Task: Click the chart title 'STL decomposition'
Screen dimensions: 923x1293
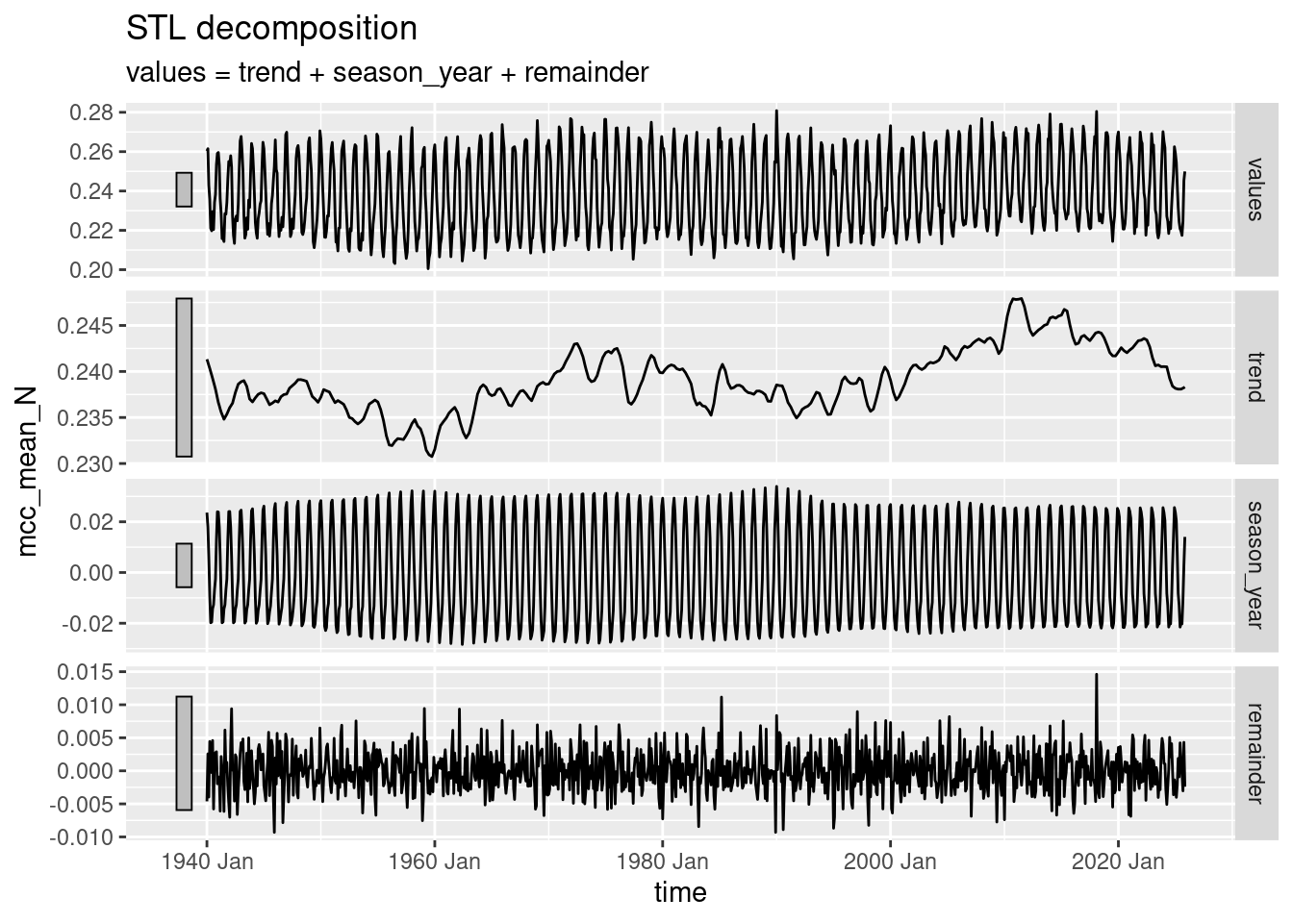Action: point(272,29)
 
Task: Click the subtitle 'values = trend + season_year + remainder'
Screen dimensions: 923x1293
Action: point(387,72)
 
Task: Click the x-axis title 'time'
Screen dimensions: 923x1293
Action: point(680,892)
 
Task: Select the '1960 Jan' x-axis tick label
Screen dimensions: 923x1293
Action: point(435,861)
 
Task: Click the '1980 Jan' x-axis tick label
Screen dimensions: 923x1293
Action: point(663,861)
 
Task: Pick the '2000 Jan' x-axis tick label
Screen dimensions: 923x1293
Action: point(891,861)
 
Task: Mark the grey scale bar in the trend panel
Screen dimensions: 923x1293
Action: point(184,377)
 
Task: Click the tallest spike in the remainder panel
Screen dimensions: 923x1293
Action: point(1096,676)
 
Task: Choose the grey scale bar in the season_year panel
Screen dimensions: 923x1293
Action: point(184,565)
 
